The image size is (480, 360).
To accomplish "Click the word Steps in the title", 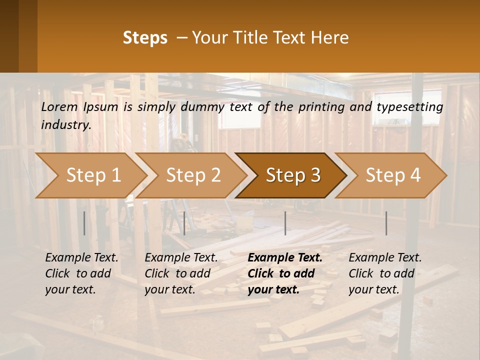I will coord(145,38).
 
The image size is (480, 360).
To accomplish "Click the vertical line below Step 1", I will coord(84,223).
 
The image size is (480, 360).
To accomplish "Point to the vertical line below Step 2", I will coord(184,223).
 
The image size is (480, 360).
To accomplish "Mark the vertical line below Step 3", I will coord(285,223).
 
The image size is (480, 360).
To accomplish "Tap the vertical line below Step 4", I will coord(386,223).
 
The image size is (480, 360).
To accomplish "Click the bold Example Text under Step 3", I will coord(285,258).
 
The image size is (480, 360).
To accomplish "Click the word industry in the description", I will coord(66,125).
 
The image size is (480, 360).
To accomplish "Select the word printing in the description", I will coord(320,107).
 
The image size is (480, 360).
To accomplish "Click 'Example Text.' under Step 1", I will coord(81,258).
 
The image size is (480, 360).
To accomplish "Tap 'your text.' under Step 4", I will coord(374,289).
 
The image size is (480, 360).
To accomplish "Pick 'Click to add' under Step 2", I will coord(177,273).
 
